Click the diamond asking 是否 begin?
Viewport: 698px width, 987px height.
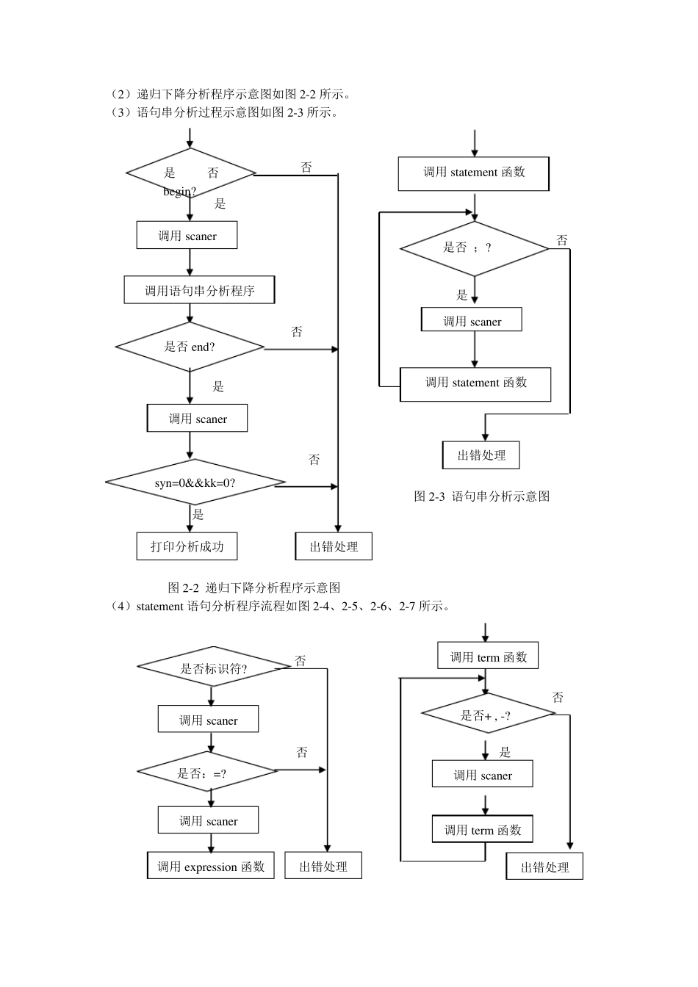pyautogui.click(x=190, y=174)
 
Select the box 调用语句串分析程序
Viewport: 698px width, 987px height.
pyautogui.click(x=199, y=290)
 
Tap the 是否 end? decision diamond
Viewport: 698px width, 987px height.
pyautogui.click(x=190, y=347)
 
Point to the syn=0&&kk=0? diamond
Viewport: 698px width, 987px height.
pyautogui.click(x=195, y=483)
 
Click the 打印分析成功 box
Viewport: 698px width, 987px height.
pyautogui.click(x=187, y=546)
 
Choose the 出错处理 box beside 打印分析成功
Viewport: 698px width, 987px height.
pyautogui.click(x=334, y=546)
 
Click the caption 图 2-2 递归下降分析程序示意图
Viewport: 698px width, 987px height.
pyautogui.click(x=253, y=587)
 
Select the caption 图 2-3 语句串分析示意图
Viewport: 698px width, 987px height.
pyautogui.click(x=481, y=496)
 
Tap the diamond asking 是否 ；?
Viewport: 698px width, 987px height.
pyautogui.click(x=474, y=248)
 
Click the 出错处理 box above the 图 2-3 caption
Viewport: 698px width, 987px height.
pyautogui.click(x=481, y=455)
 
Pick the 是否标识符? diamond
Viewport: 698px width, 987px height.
pyautogui.click(x=213, y=668)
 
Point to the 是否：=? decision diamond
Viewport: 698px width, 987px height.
pyautogui.click(x=208, y=771)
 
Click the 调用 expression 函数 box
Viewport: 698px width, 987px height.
pyautogui.click(x=211, y=867)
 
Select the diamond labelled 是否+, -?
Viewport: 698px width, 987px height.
pyautogui.click(x=486, y=714)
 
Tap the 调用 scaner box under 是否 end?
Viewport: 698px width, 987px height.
pyautogui.click(x=198, y=419)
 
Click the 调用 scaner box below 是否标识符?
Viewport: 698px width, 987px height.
pyautogui.click(x=208, y=720)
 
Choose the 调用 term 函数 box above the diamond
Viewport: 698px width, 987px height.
pyautogui.click(x=488, y=657)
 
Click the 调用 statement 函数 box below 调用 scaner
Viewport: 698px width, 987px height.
pyautogui.click(x=475, y=383)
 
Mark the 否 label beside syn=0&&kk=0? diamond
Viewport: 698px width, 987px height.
pyautogui.click(x=314, y=460)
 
